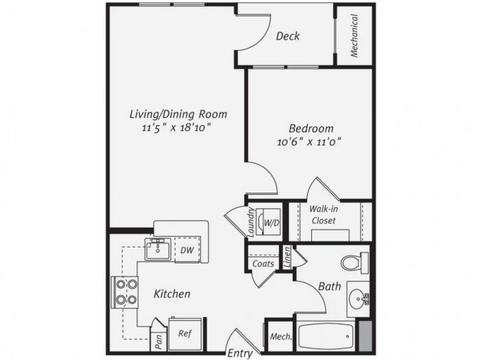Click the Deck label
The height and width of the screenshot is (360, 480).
tap(288, 36)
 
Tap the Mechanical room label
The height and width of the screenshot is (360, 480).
tap(354, 36)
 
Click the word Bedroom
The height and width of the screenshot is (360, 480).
tap(311, 129)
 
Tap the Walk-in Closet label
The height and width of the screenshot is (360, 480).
tap(323, 215)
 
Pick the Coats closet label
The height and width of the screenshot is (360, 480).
tap(263, 264)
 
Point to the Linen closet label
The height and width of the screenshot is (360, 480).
tap(287, 258)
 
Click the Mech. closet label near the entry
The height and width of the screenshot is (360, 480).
tap(280, 337)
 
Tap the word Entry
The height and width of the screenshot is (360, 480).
tap(240, 353)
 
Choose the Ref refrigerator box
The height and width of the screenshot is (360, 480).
tap(184, 334)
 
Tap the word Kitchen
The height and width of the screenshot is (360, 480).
tap(172, 294)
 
